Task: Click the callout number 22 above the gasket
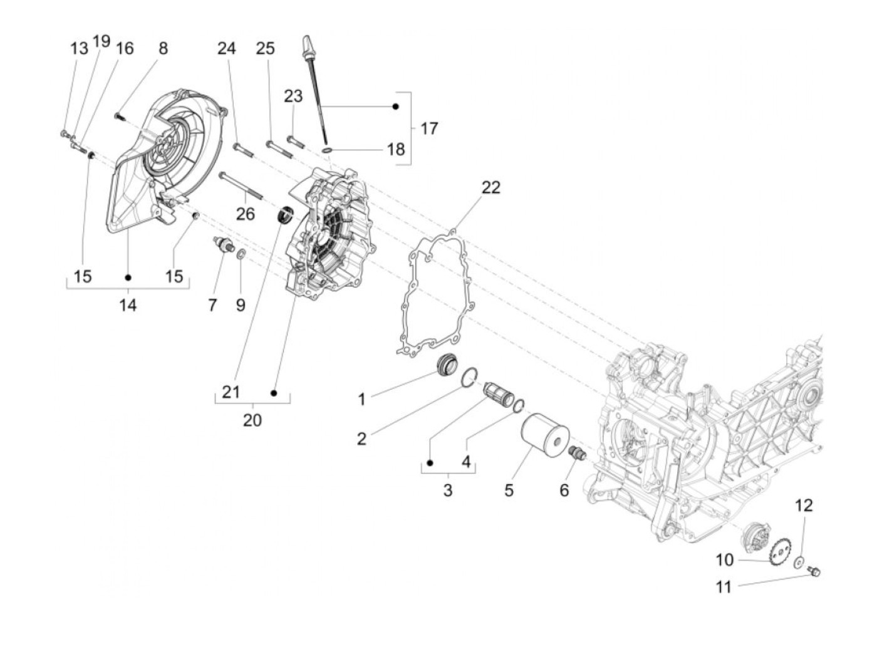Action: (491, 187)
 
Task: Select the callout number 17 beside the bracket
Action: (428, 128)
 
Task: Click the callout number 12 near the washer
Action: (804, 505)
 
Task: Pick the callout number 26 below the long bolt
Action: (246, 214)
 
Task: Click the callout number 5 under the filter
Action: (509, 490)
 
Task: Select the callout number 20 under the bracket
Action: (252, 420)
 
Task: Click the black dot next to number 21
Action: (274, 393)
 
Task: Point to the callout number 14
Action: (128, 305)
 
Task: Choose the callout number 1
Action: (361, 399)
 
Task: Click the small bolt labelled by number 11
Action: (814, 571)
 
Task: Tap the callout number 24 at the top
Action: (227, 48)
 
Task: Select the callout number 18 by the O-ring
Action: (396, 150)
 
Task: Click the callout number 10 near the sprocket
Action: (724, 559)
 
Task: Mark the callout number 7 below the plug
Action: (212, 305)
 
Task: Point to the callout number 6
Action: (564, 490)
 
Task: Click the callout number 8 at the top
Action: (163, 48)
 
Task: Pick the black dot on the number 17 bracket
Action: (395, 106)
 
